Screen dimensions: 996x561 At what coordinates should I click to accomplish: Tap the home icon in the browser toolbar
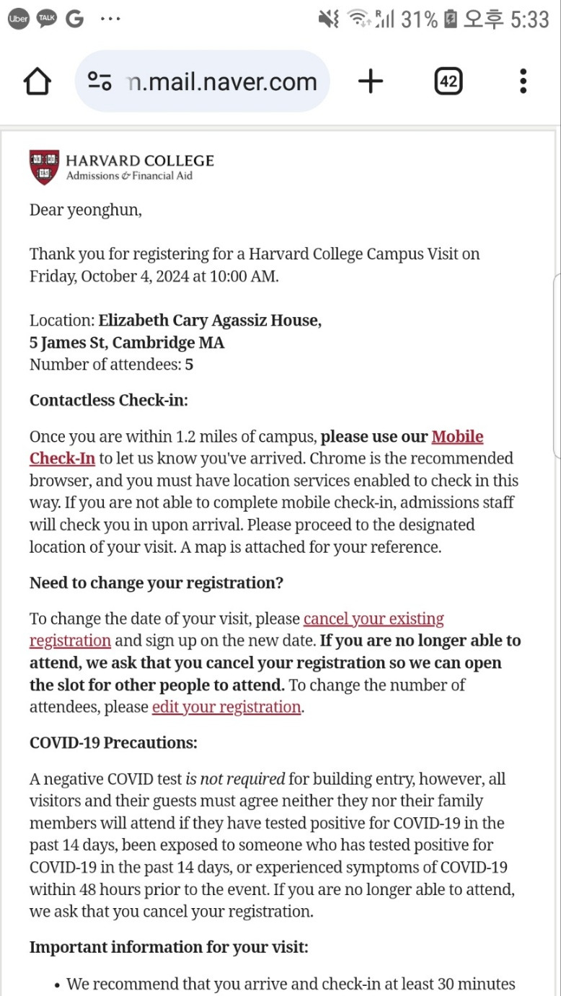[x=37, y=81]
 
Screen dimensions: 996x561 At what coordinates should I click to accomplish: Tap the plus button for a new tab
[x=370, y=81]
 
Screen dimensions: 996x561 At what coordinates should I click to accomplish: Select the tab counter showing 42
[x=448, y=81]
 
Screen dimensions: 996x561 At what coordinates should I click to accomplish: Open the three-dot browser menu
[x=523, y=81]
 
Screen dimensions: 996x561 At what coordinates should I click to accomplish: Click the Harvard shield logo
[x=44, y=167]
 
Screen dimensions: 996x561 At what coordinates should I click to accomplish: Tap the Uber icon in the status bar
[x=18, y=19]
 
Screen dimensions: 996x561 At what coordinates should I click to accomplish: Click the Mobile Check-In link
[x=457, y=437]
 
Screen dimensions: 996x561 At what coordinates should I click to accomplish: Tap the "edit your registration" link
[x=226, y=707]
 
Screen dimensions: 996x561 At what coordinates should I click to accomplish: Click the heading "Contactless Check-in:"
[x=108, y=401]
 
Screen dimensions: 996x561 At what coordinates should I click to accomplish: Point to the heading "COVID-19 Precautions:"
[x=113, y=742]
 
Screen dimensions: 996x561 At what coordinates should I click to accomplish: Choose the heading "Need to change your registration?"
[x=156, y=583]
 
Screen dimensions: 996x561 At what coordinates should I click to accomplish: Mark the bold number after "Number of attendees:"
[x=189, y=365]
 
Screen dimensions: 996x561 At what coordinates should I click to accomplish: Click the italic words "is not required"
[x=235, y=779]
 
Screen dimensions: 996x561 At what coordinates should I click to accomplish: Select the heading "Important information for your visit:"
[x=169, y=947]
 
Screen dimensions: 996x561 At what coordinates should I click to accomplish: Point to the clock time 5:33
[x=529, y=19]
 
